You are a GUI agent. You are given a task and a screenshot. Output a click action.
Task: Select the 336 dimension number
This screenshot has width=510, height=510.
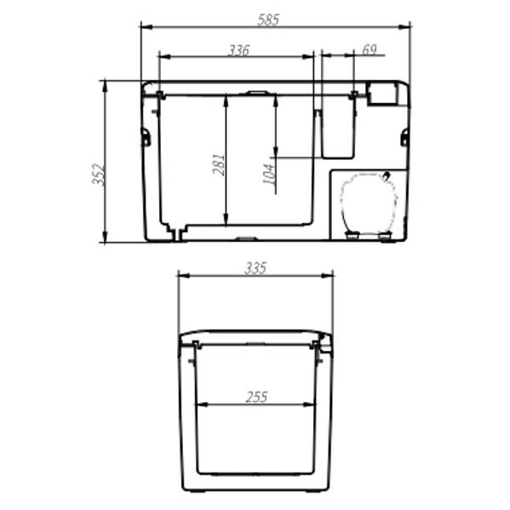point(238,50)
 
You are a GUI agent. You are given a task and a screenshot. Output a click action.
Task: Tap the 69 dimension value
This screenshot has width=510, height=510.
point(369,50)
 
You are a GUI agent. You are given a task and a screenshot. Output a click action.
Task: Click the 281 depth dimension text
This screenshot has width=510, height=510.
point(218,163)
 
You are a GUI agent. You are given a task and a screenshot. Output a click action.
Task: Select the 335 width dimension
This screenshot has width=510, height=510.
point(255,268)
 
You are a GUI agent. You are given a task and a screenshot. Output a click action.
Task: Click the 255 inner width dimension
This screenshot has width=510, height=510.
point(255,397)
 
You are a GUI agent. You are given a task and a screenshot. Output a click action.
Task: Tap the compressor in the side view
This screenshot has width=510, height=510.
point(368,203)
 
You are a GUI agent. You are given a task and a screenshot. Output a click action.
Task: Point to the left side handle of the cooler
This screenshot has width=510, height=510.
point(146,136)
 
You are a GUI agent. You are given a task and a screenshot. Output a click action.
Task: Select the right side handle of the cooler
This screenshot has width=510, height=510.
point(404,136)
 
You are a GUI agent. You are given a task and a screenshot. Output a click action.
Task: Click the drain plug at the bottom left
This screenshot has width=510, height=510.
point(176,232)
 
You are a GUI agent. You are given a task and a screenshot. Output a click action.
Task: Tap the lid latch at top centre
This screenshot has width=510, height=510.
point(256,92)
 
